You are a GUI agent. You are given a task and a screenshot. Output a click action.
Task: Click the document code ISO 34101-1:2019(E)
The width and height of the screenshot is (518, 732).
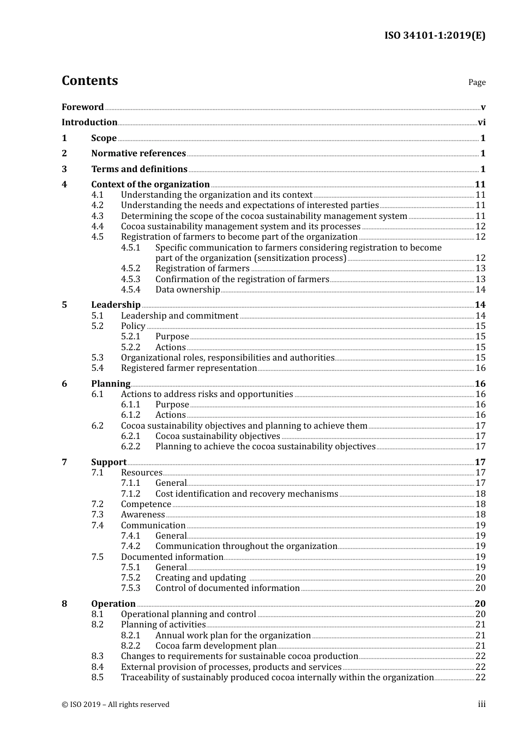click(435, 36)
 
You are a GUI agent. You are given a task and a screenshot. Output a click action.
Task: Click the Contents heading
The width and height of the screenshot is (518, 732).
click(89, 81)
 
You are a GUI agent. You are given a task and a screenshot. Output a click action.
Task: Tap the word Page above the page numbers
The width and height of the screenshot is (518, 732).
click(477, 82)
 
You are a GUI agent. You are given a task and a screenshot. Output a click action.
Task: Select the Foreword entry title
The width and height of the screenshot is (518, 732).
click(82, 107)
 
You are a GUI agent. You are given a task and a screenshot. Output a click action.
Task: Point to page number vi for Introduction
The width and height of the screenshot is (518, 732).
click(481, 123)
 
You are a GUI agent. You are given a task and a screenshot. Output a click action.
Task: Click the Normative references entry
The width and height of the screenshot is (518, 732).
click(138, 154)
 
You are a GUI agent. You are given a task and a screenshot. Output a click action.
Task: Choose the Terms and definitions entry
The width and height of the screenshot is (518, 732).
click(139, 169)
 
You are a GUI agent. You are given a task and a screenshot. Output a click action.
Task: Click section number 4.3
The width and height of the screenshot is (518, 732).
click(97, 216)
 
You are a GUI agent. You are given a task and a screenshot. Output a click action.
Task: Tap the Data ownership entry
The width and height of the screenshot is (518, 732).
click(187, 290)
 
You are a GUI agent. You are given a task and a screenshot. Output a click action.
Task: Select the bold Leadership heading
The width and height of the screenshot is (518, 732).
click(116, 305)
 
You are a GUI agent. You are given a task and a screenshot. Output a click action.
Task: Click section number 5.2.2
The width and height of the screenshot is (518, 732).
click(130, 347)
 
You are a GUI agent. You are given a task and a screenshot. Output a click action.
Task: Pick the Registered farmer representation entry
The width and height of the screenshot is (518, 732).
click(189, 368)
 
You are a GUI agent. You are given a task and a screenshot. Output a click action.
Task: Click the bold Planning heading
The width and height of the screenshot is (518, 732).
click(111, 384)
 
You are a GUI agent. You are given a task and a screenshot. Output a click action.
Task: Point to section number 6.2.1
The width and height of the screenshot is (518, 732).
click(130, 436)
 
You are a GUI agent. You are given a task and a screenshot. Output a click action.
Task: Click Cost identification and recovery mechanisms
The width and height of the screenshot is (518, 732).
click(246, 494)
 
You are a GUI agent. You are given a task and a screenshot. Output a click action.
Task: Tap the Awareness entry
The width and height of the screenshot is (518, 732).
click(143, 515)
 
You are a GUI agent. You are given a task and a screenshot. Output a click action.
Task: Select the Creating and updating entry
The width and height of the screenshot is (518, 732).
click(201, 578)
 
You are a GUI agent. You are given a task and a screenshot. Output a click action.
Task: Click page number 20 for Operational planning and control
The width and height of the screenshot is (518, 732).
click(480, 614)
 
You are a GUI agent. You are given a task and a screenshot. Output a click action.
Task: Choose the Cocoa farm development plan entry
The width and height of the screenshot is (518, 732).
click(216, 646)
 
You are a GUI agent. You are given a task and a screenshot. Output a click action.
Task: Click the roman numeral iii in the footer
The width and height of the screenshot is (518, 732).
click(481, 704)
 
